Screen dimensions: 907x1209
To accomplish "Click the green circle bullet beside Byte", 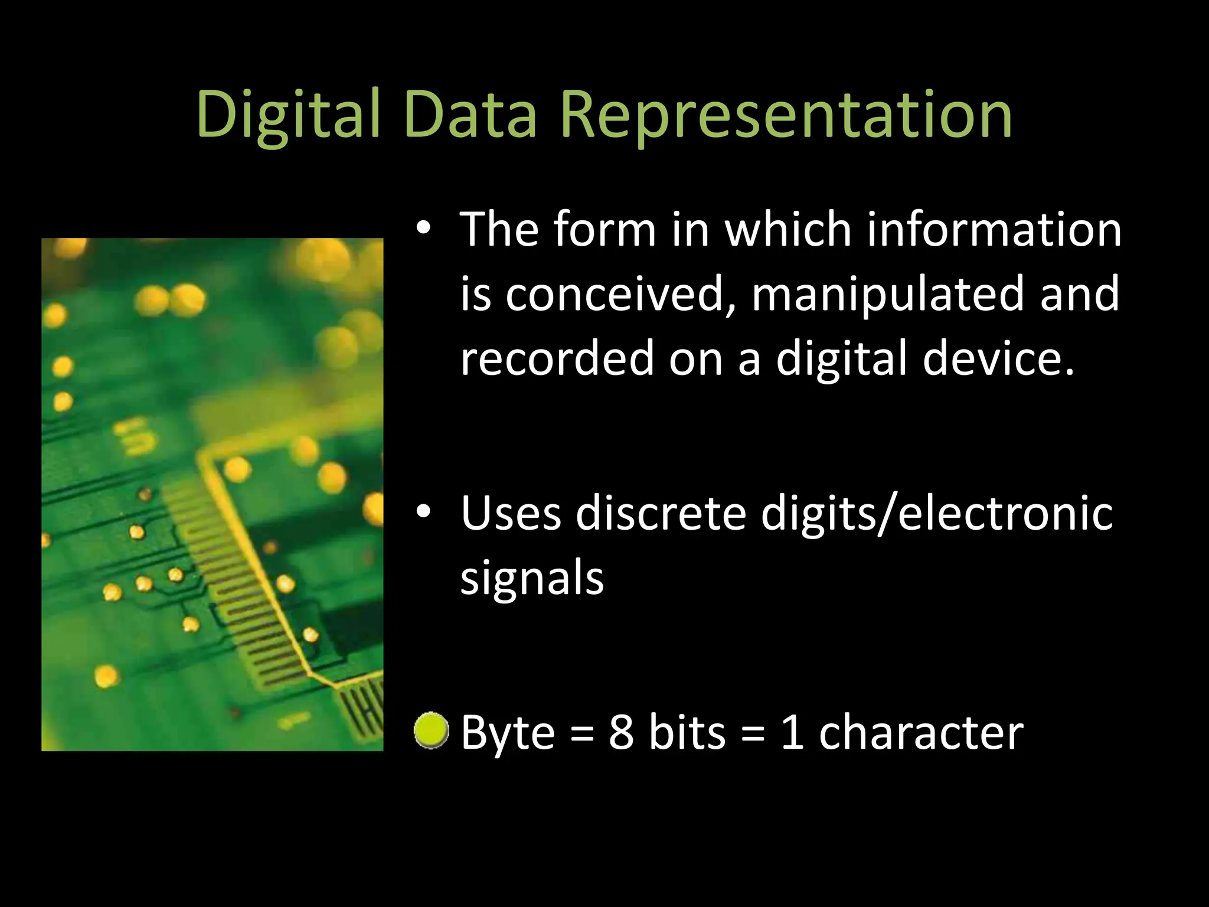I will pos(431,730).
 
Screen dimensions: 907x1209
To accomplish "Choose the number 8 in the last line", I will pos(621,732).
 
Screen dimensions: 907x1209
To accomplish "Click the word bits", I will pos(687,732).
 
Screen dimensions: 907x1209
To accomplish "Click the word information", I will pos(994,229).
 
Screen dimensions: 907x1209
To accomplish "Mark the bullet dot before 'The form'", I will pos(423,229).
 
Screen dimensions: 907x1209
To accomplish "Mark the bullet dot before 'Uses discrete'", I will pos(423,513).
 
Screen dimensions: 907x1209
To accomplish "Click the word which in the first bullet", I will pos(788,229).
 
